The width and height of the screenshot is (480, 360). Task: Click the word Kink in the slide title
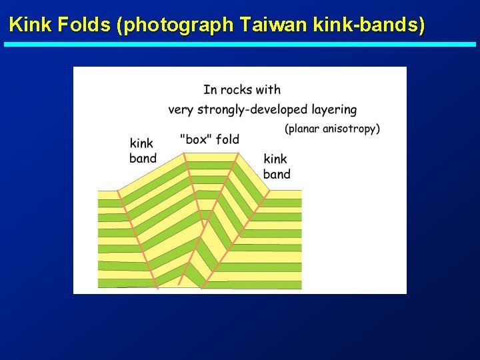(31, 25)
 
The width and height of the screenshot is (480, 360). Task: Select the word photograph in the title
(176, 25)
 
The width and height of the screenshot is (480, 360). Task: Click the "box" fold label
(209, 139)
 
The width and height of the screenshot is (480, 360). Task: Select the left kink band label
(143, 151)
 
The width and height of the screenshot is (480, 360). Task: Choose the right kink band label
(277, 167)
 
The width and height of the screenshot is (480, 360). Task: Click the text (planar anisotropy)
(332, 129)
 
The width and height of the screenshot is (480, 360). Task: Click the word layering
(334, 109)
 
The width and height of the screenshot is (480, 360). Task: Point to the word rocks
(237, 90)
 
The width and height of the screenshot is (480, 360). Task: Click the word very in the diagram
(181, 109)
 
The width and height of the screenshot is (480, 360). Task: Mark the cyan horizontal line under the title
(240, 45)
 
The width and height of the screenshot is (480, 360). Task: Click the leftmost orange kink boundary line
(137, 237)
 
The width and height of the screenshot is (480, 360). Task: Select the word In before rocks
(209, 90)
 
